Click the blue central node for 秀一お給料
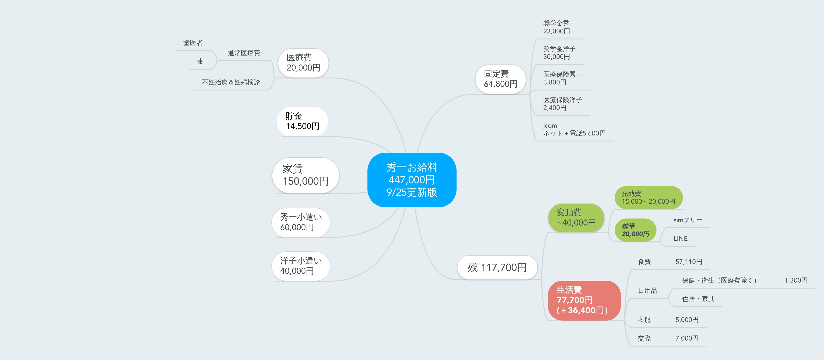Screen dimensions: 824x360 point(412,180)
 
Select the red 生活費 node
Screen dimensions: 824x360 point(584,300)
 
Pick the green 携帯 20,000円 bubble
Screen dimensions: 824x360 point(635,230)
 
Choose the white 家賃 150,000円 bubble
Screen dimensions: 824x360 point(306,175)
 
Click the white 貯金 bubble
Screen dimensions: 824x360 point(302,121)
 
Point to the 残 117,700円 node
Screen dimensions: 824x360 point(497,267)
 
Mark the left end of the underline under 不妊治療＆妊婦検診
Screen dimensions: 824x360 point(195,90)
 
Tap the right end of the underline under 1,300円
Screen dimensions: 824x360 point(815,288)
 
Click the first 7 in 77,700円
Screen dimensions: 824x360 point(560,300)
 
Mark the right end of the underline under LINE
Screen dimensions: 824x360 point(695,246)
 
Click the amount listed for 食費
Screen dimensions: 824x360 point(689,262)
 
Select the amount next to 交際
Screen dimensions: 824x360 point(687,338)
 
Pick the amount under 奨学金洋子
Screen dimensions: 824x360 point(557,57)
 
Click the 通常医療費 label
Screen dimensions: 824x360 point(244,53)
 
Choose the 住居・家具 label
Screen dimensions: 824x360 point(698,299)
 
